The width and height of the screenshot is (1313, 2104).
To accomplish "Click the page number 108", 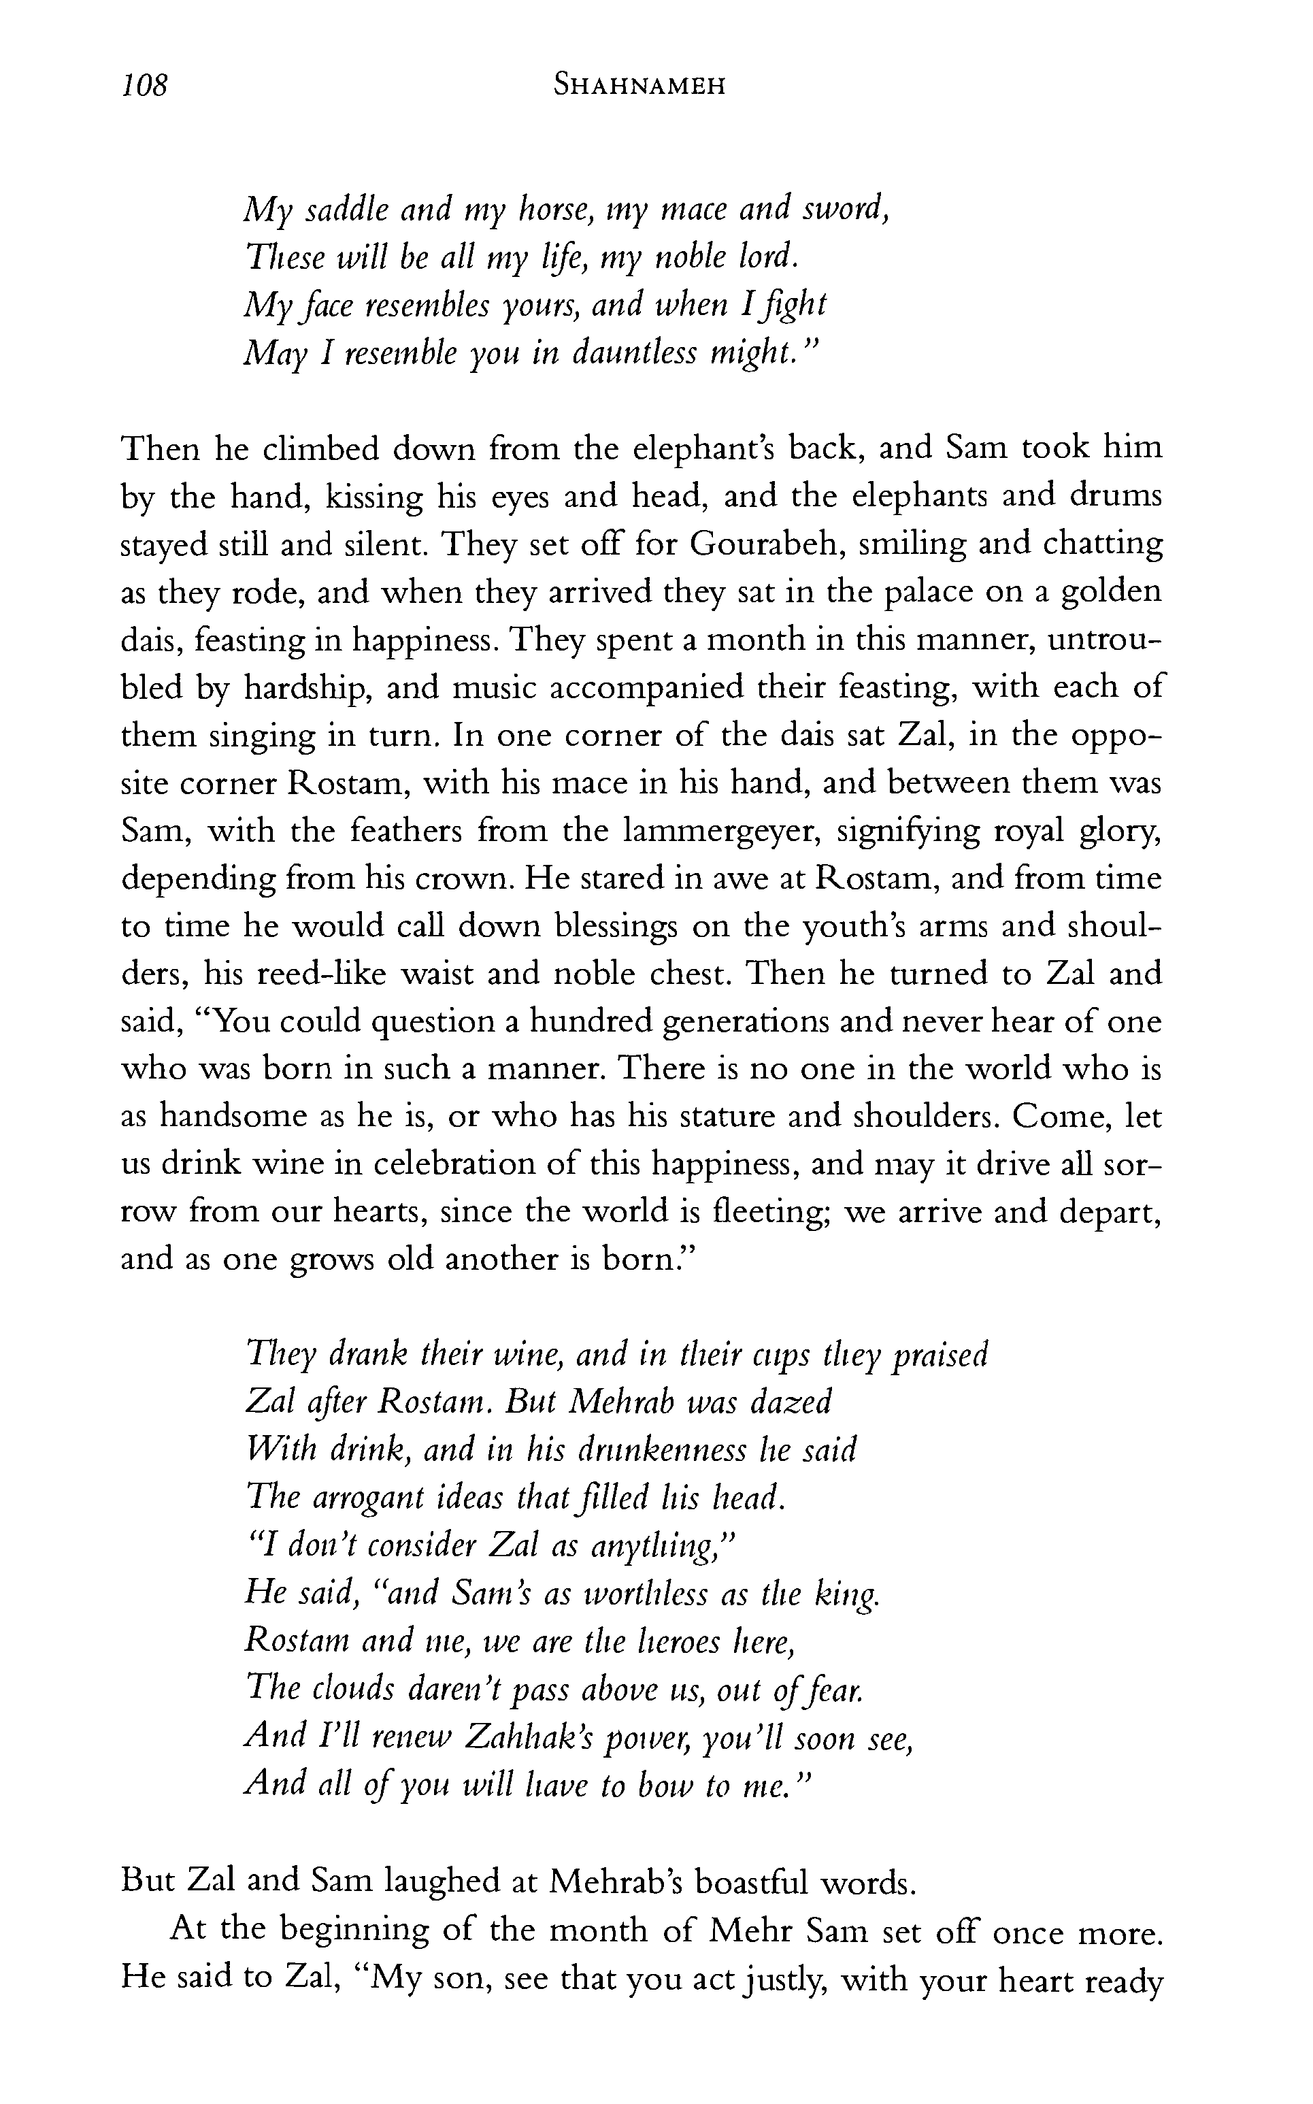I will (x=144, y=85).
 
